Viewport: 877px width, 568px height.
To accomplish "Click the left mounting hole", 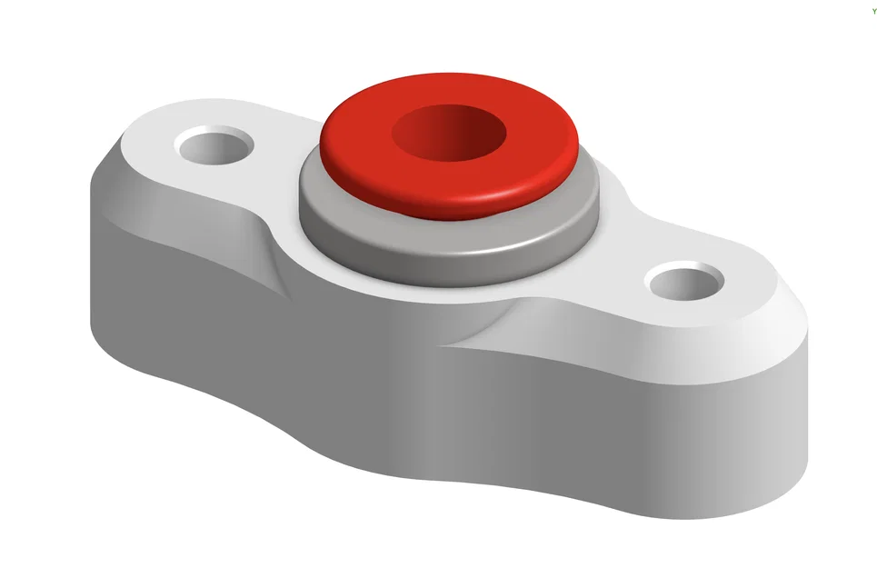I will (215, 144).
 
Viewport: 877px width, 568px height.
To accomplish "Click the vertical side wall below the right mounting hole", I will (691, 418).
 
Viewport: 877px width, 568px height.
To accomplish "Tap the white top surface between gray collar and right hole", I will (618, 245).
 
